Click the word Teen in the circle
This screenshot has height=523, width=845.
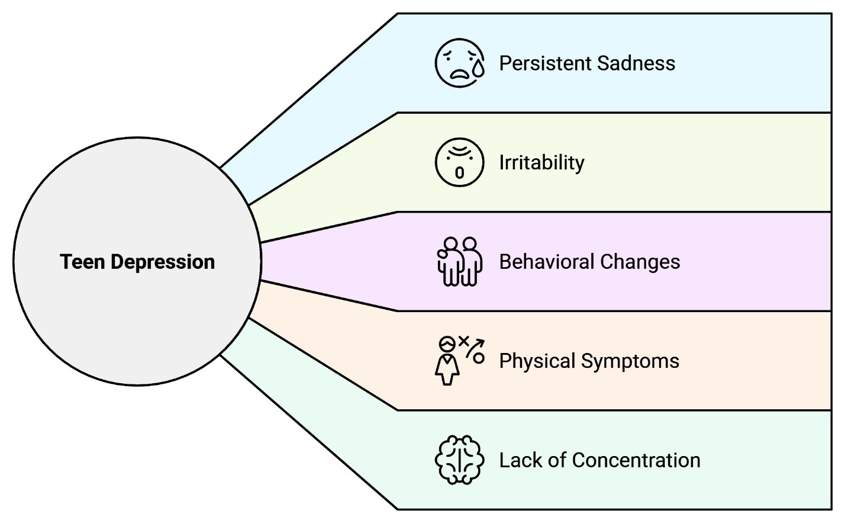(x=82, y=262)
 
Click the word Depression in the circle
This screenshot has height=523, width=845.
(x=163, y=262)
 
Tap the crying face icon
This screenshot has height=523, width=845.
(x=459, y=63)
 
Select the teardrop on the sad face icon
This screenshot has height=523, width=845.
(x=478, y=68)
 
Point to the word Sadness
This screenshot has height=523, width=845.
(x=636, y=63)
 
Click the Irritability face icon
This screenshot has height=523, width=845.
(x=459, y=162)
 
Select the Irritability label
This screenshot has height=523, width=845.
(x=541, y=163)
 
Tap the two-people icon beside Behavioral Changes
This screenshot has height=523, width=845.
(x=459, y=261)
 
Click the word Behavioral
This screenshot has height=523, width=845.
(x=547, y=262)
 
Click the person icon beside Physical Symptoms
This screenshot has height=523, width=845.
(x=447, y=361)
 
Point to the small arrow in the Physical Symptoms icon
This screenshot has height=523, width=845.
(x=475, y=348)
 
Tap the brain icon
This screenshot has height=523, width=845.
(x=459, y=460)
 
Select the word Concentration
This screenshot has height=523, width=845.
(x=636, y=460)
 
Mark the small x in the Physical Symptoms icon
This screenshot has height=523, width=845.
(x=463, y=341)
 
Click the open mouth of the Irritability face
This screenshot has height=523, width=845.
(x=459, y=173)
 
